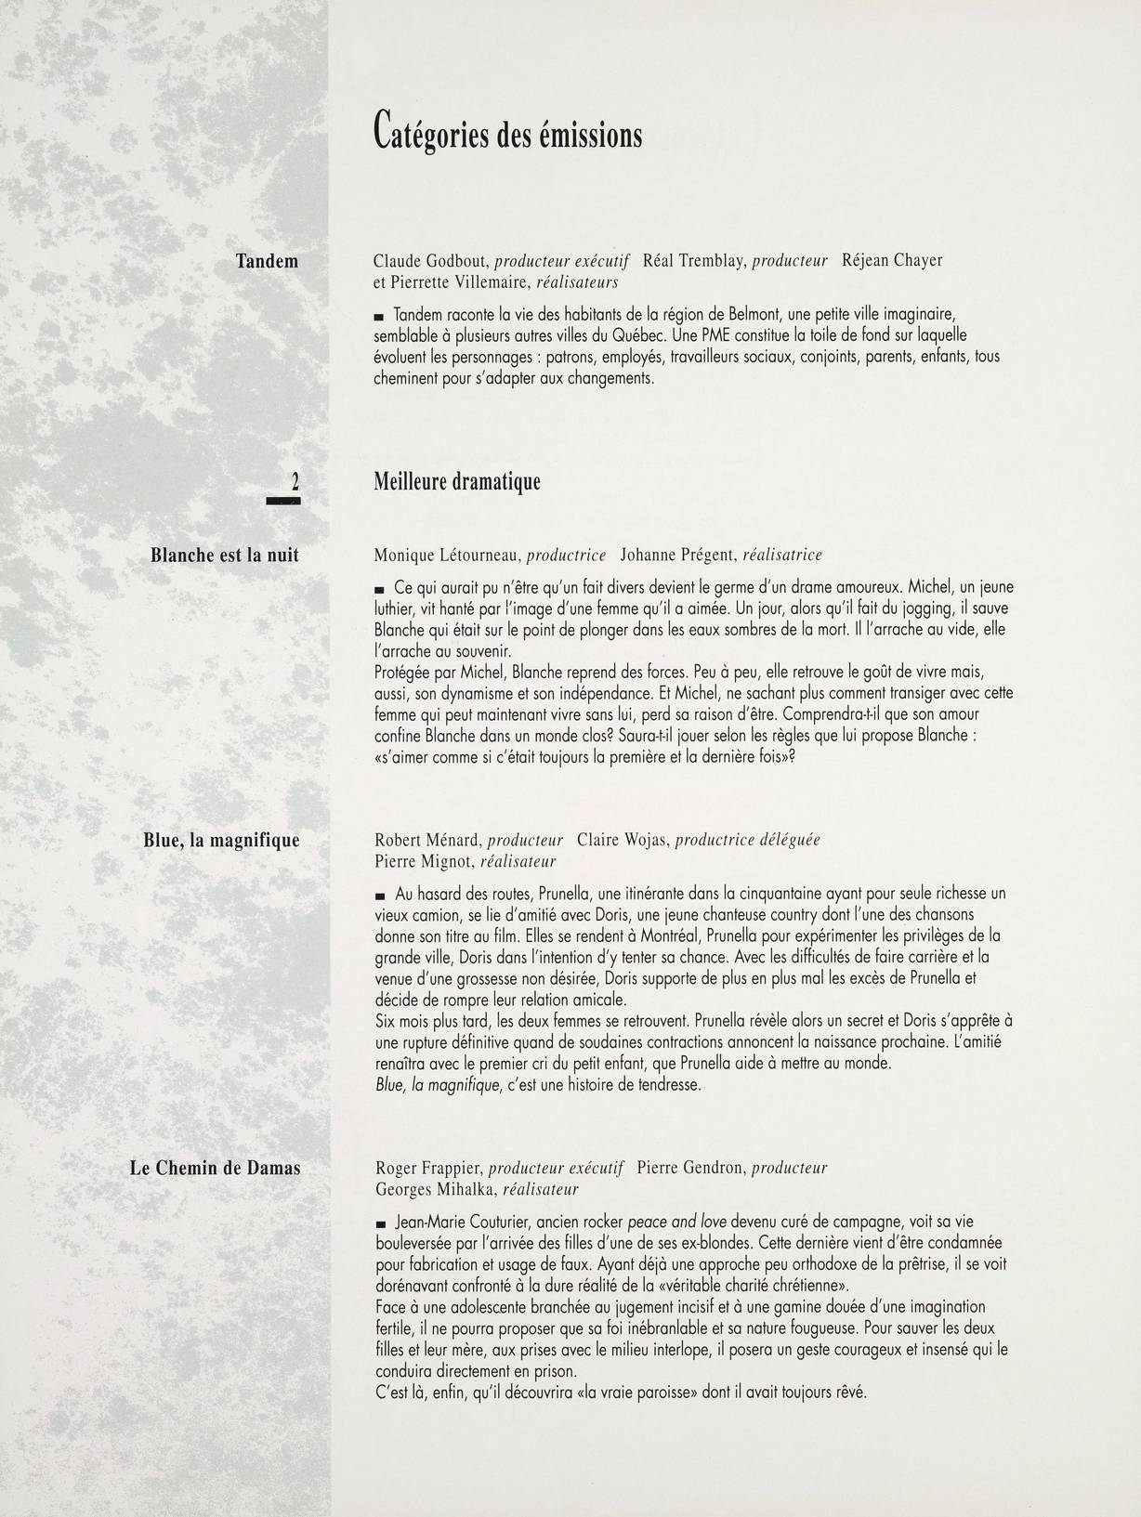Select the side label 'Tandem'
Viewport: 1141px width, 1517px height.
(x=267, y=261)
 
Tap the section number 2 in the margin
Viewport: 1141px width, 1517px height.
(x=295, y=481)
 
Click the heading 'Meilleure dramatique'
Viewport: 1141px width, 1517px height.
(x=457, y=482)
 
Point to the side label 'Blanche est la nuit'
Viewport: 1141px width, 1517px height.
(x=225, y=556)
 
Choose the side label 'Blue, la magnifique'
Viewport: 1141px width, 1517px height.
(x=222, y=841)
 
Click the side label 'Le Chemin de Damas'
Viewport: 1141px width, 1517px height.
(x=216, y=1169)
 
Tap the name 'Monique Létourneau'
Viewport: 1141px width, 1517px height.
(x=448, y=556)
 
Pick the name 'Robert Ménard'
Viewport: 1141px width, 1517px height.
(x=426, y=840)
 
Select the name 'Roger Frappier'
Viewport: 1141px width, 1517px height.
(x=428, y=1168)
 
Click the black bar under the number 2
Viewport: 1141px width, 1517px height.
(x=285, y=502)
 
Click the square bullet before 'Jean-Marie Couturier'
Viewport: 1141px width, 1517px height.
(x=379, y=1224)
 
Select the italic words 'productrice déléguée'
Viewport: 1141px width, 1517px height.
(x=747, y=840)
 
